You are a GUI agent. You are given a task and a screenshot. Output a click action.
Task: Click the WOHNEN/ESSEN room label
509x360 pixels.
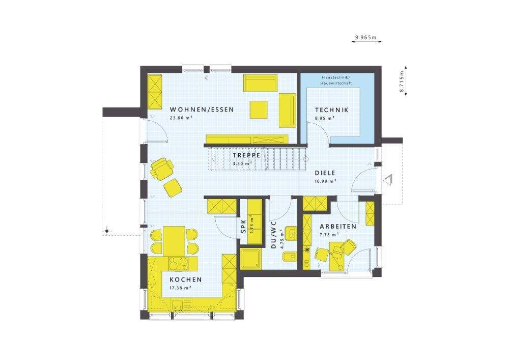202,109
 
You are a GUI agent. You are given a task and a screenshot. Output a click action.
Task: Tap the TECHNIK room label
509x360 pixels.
331,109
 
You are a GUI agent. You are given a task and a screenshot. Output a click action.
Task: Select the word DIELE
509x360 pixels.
325,173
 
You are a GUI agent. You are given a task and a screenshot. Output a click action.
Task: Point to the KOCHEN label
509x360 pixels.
186,280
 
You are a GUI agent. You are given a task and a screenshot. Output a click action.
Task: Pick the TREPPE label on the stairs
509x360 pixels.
247,155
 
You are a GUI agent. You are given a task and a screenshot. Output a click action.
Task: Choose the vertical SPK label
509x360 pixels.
243,225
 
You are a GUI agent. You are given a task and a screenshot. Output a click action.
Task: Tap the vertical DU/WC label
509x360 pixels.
273,234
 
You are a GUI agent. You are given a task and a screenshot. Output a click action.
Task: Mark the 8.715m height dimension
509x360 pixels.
402,79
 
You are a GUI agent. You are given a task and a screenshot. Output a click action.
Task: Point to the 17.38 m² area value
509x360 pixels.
180,288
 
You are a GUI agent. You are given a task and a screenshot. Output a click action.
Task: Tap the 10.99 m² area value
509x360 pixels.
325,181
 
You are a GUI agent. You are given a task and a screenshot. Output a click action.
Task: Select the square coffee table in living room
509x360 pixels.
259,109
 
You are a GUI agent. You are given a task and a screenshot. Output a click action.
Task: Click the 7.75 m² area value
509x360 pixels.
330,235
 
